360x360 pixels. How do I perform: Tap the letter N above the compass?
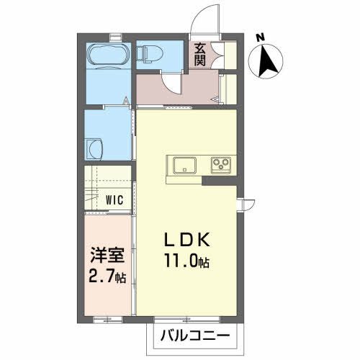(261, 35)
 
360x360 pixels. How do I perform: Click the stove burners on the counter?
(220, 166)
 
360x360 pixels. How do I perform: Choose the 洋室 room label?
(105, 256)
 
